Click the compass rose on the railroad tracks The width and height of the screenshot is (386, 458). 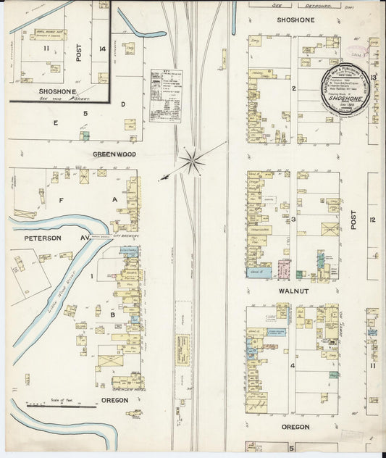193,161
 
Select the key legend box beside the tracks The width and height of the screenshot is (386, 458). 165,95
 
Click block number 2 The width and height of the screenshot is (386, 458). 294,89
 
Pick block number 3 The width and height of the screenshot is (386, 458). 294,219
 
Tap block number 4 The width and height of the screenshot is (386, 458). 293,366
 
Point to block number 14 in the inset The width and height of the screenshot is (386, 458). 103,49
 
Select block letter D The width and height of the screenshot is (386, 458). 123,104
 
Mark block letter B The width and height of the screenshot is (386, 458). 112,315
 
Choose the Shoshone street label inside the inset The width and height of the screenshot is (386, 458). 49,91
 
